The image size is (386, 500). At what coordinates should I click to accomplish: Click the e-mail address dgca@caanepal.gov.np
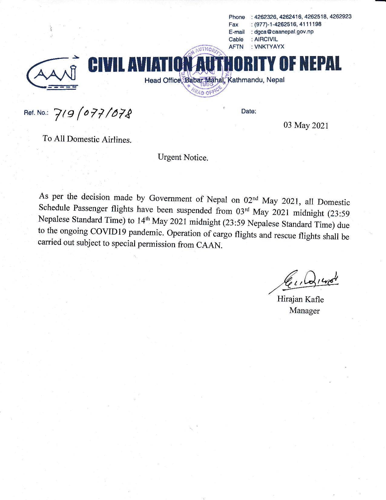(284, 32)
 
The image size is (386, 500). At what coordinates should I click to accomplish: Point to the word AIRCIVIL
(266, 39)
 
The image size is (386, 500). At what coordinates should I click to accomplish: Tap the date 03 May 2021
(306, 125)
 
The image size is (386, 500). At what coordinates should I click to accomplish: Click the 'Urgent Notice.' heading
(183, 158)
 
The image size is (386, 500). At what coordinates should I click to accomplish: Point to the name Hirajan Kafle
(300, 299)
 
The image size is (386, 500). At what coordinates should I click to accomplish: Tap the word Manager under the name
(304, 311)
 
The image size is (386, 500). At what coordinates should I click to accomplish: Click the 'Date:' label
(249, 111)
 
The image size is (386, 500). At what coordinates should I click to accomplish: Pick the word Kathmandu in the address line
(246, 80)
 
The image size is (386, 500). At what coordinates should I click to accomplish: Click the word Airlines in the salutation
(116, 140)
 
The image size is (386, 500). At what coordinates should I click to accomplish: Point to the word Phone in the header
(236, 17)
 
